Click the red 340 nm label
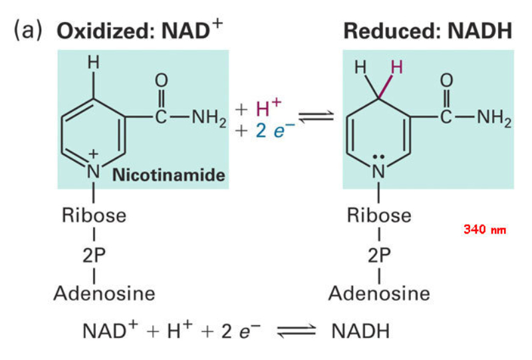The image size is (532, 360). pyautogui.click(x=484, y=230)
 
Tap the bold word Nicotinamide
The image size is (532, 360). pyautogui.click(x=169, y=176)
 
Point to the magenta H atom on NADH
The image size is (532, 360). pyautogui.click(x=396, y=67)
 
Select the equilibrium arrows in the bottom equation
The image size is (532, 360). pyautogui.click(x=297, y=331)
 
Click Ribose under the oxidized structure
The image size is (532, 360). pyautogui.click(x=93, y=216)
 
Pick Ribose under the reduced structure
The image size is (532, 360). pyautogui.click(x=379, y=216)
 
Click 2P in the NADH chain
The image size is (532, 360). pyautogui.click(x=378, y=255)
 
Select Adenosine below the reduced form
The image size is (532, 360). pyautogui.click(x=379, y=293)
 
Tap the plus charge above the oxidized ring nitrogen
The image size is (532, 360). pyautogui.click(x=93, y=155)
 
